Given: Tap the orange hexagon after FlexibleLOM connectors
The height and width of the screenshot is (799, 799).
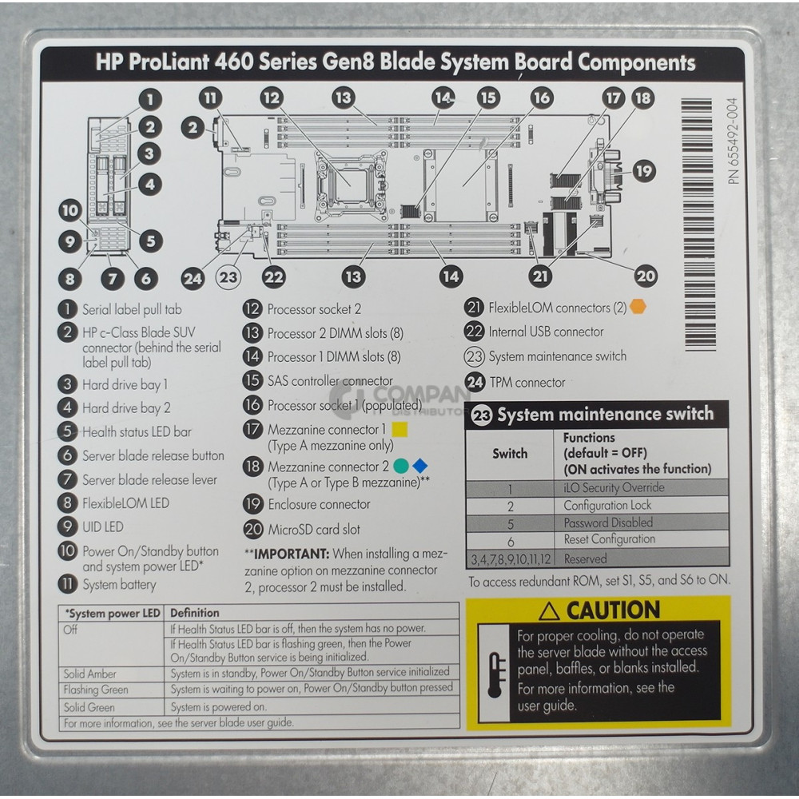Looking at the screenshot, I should [x=638, y=307].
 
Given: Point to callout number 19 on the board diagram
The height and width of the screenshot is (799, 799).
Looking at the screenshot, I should [x=643, y=170].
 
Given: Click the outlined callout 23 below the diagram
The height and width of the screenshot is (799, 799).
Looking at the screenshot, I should [x=229, y=276].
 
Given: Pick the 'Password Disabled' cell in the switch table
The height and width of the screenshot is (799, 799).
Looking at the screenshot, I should [x=608, y=523].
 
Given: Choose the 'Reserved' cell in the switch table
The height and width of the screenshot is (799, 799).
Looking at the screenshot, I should [x=585, y=559].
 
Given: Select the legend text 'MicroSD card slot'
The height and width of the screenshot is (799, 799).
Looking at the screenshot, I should [x=313, y=529].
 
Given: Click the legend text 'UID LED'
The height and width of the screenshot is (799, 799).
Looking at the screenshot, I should [x=102, y=527].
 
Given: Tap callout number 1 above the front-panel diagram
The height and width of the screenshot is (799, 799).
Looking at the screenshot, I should [x=149, y=99].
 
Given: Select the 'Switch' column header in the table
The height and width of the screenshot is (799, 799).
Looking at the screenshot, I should [x=510, y=453].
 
